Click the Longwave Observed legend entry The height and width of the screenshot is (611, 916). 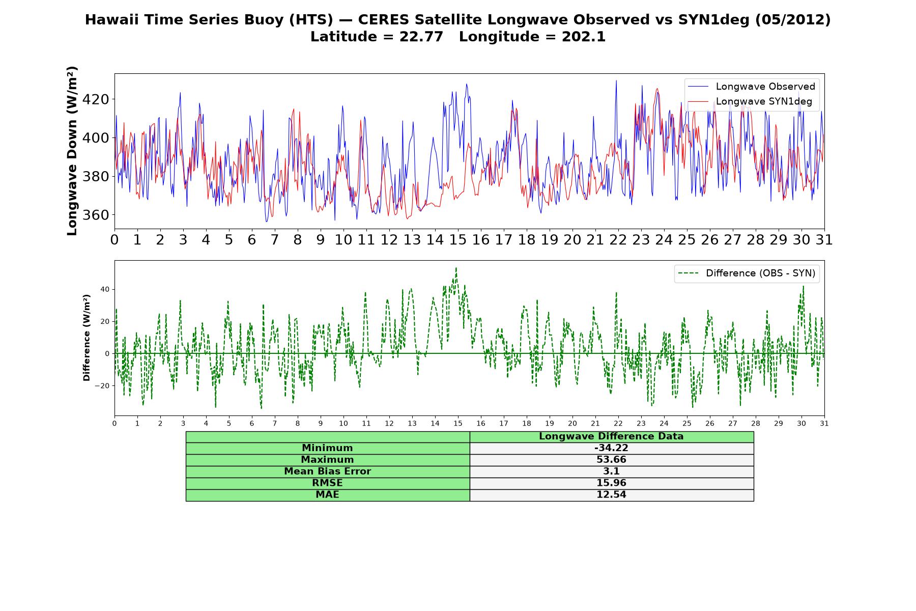click(x=751, y=87)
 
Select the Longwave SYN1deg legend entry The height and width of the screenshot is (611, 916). click(x=751, y=101)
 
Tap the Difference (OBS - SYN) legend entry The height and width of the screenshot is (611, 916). click(x=747, y=273)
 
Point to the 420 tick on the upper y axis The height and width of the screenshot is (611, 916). click(x=96, y=99)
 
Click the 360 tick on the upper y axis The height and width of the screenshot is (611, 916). click(x=96, y=215)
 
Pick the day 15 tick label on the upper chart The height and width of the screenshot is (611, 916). click(x=457, y=240)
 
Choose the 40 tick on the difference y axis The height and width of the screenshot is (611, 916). click(x=105, y=289)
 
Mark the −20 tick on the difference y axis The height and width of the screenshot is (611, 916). click(x=102, y=385)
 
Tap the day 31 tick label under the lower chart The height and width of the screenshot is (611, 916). click(x=824, y=423)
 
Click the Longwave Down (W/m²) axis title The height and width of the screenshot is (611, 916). click(x=72, y=151)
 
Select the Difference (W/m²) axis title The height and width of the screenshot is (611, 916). click(x=87, y=338)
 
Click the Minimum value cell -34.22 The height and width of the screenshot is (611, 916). click(x=611, y=448)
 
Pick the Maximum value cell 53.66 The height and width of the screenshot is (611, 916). click(x=611, y=460)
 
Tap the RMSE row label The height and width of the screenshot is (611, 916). click(x=327, y=483)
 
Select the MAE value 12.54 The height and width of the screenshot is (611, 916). click(x=611, y=495)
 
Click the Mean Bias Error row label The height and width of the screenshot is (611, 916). click(x=327, y=471)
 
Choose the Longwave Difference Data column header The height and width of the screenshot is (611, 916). click(x=611, y=436)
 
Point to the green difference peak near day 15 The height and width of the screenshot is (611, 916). click(x=456, y=268)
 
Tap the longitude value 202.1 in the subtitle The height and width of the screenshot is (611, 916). click(x=584, y=37)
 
